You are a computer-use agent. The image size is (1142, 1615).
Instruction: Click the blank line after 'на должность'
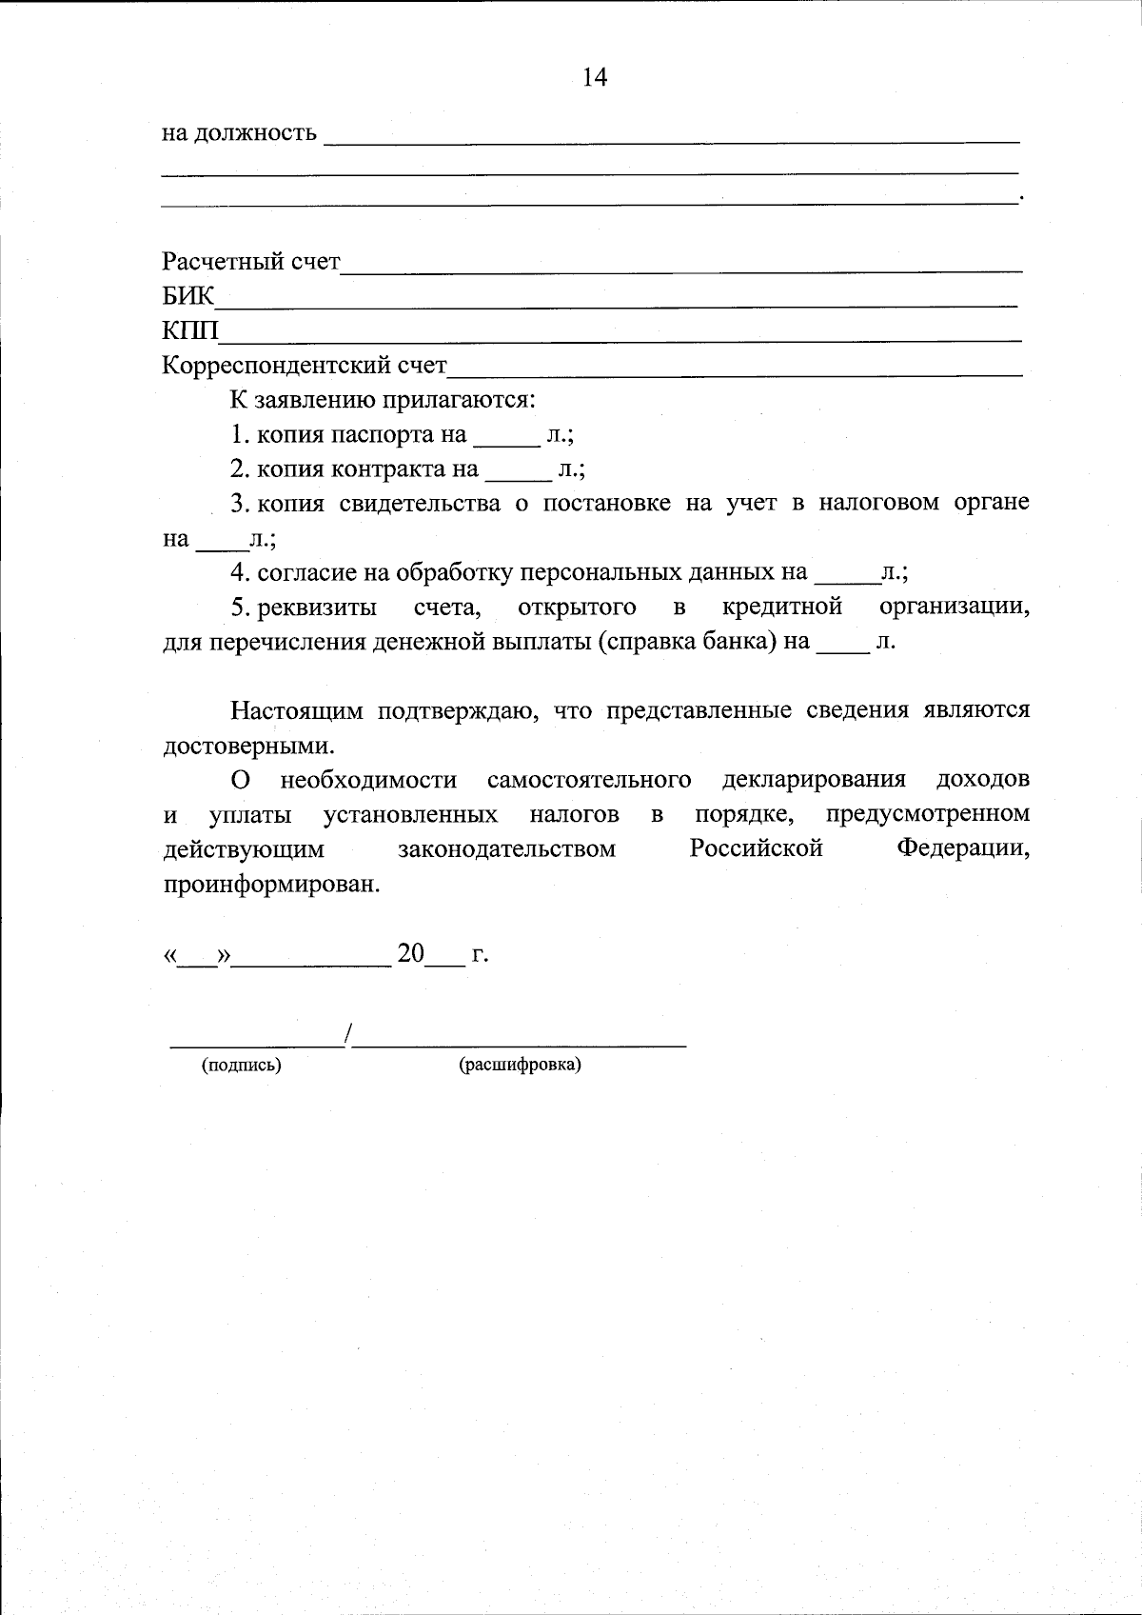(x=671, y=139)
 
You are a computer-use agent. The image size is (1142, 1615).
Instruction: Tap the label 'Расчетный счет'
(x=251, y=261)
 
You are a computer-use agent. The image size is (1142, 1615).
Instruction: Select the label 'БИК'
(x=188, y=296)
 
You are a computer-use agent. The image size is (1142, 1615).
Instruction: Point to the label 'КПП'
(x=190, y=330)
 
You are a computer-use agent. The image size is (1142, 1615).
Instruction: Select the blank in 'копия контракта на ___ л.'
(x=518, y=476)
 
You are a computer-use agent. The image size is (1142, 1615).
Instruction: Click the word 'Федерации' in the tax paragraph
(x=962, y=848)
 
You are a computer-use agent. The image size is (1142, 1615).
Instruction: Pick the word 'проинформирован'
(x=270, y=884)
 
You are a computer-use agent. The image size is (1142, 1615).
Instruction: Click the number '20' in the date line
(x=411, y=953)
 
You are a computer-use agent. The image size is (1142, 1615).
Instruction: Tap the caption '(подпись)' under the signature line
(x=241, y=1065)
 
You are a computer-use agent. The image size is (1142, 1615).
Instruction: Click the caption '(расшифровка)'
(x=520, y=1065)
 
